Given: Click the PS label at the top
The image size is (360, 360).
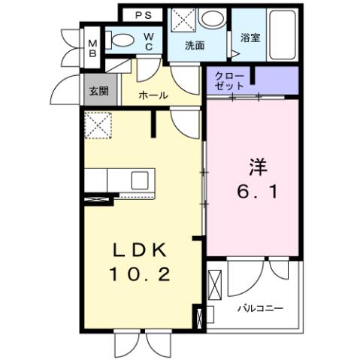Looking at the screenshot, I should tap(143, 15).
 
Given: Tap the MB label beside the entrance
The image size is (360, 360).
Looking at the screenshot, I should tap(92, 47).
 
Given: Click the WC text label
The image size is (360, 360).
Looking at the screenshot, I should tap(150, 41).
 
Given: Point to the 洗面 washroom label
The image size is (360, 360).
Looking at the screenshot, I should tap(196, 44).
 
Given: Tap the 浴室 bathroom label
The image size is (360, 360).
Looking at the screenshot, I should tap(250, 37).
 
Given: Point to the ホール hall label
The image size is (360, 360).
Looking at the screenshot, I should tap(154, 96).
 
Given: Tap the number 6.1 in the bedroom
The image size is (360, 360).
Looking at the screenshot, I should tap(251, 192).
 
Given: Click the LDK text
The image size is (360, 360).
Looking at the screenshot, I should tap(144, 250).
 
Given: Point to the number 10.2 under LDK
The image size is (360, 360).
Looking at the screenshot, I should tap(143, 275).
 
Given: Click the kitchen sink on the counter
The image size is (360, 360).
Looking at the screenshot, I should tap(141, 180).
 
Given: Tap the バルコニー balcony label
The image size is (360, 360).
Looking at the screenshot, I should tap(261, 307).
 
